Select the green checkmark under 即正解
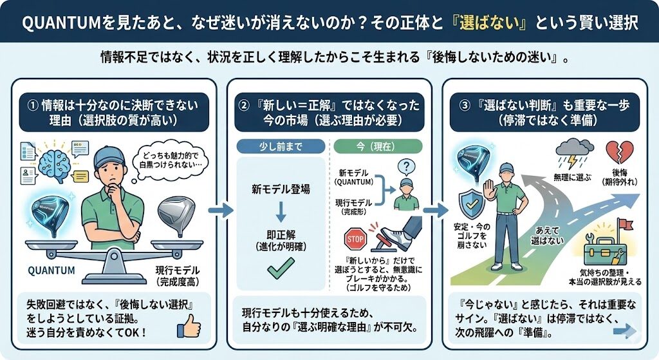[281, 265]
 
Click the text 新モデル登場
[281, 190]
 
